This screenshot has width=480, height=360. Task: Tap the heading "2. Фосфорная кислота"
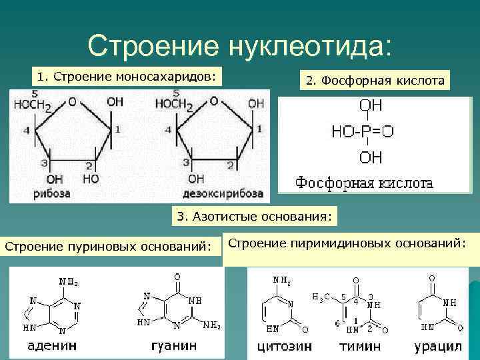tap(375, 81)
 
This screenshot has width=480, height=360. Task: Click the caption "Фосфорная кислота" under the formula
tap(364, 182)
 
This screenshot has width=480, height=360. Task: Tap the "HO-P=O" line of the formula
tap(363, 131)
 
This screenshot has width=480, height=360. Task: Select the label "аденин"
tap(51, 346)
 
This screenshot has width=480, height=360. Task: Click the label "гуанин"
tap(174, 346)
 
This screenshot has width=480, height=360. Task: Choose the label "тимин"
tap(360, 347)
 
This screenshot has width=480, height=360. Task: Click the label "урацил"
tap(437, 347)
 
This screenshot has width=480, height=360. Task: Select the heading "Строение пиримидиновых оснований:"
tap(347, 243)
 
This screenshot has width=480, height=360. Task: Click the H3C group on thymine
tap(321, 296)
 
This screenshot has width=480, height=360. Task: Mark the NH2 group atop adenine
tap(68, 281)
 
